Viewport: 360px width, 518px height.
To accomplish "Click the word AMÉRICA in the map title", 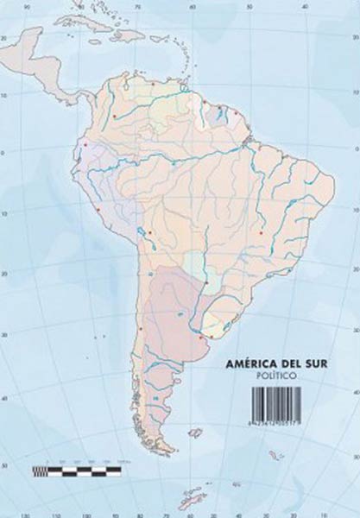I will (243, 366).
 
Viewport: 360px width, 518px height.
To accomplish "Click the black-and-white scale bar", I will (76, 471).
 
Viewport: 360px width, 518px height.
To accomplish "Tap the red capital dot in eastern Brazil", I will (262, 231).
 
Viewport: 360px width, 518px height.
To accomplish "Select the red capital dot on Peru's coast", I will (99, 210).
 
